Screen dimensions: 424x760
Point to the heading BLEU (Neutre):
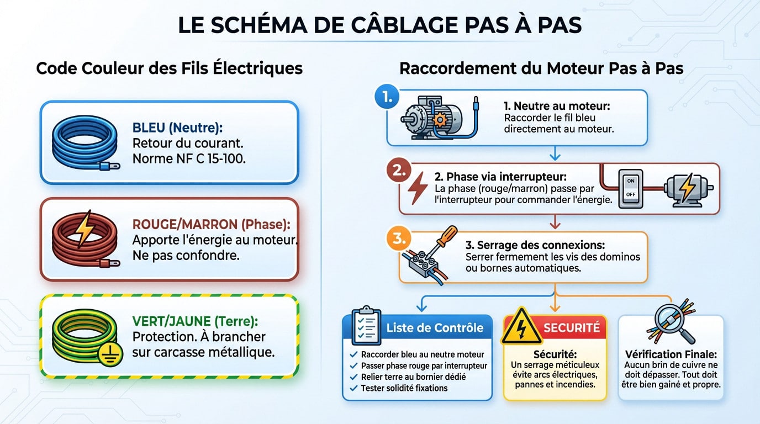pos(177,128)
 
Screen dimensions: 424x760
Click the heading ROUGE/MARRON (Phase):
pos(211,225)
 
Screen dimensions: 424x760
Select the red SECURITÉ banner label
pos(571,327)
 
